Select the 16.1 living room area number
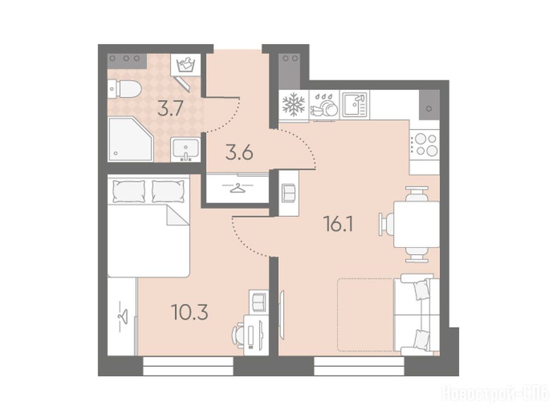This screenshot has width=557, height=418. coord(339,224)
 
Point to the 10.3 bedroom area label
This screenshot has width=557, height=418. coord(189,312)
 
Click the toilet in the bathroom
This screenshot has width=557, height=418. coord(125,89)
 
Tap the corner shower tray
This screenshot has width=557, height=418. coord(130,139)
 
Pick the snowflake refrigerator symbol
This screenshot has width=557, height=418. coord(293,104)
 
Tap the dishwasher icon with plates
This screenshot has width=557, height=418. coord(324,105)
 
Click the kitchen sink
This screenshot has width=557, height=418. coord(354,104)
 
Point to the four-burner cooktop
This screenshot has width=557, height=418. coord(425,144)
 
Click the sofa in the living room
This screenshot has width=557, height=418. coord(416,315)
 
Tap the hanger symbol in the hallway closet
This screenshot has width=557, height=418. coord(235,188)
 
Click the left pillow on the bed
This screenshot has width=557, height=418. coord(129,192)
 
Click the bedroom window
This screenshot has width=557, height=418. coord(188,366)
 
